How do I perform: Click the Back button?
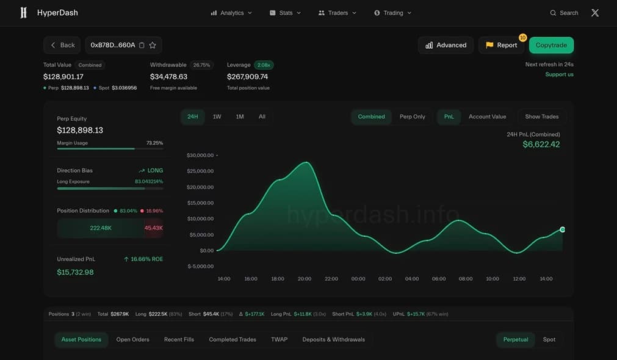click(62, 45)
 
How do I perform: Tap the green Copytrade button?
click(551, 45)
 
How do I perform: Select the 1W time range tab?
click(217, 117)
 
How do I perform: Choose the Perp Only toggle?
click(413, 117)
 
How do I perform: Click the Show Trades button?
click(542, 117)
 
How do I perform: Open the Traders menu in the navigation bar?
click(337, 13)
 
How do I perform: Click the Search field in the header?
click(564, 13)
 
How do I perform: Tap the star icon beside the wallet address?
click(153, 45)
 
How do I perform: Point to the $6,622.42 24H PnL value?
click(541, 145)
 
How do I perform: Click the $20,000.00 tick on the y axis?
click(200, 187)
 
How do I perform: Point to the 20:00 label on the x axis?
click(305, 279)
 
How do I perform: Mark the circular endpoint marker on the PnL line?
click(562, 229)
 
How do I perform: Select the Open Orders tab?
click(132, 339)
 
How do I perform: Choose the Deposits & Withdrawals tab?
click(333, 339)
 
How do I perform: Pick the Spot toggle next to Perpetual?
click(549, 339)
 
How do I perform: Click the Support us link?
click(559, 74)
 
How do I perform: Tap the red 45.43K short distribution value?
click(153, 228)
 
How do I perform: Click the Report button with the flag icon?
click(501, 45)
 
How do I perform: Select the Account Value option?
click(487, 117)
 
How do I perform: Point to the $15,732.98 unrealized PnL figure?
click(75, 272)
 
